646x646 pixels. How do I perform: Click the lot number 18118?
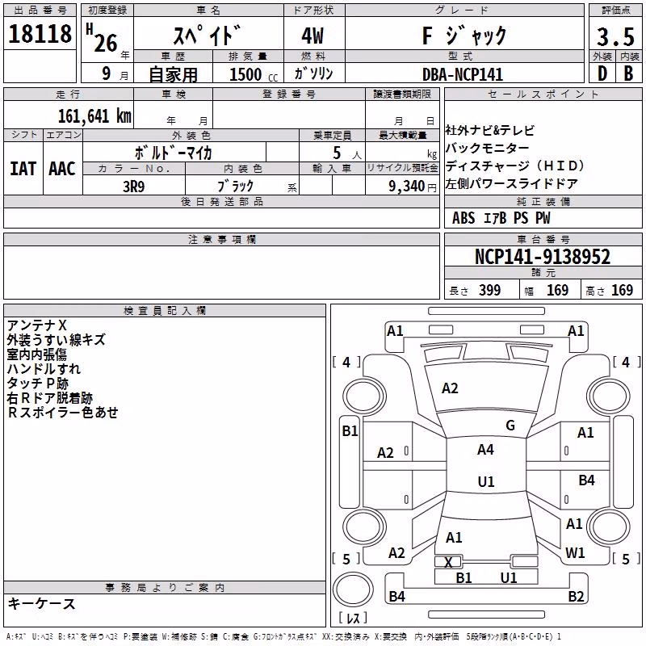40,33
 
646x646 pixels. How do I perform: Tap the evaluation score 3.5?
615,36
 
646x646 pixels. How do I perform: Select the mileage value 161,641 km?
94,116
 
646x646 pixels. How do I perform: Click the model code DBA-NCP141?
463,74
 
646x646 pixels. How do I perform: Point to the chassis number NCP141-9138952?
543,257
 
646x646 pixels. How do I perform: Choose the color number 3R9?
134,187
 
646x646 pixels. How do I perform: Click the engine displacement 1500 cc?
254,74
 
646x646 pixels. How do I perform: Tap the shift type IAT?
23,169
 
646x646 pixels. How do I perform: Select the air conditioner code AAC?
62,169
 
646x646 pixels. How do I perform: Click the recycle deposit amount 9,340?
407,187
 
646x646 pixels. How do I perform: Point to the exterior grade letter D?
602,73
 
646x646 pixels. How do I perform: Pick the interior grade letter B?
628,73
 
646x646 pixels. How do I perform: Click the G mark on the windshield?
510,426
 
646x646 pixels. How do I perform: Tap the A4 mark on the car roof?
485,450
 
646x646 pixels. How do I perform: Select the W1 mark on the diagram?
575,553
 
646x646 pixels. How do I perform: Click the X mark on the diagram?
449,562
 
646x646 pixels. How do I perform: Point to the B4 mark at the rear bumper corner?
396,596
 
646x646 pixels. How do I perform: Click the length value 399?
490,290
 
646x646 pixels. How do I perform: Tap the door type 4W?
313,36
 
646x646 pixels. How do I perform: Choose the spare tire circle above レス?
353,589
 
